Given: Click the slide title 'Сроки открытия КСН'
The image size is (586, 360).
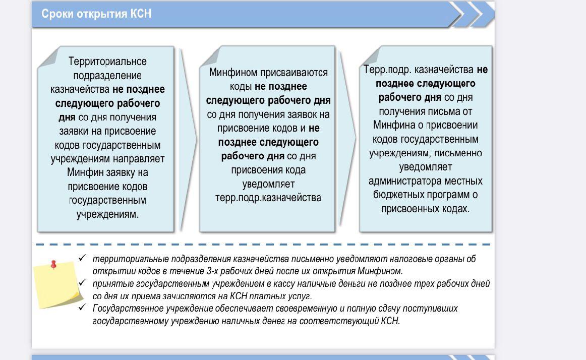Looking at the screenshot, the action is pos(96,14).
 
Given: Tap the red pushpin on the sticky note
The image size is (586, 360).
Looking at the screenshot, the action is pos(53,265).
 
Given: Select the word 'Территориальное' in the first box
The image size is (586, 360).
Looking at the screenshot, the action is pos(107,62).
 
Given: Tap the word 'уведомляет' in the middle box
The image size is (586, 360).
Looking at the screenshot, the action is pos(268,184).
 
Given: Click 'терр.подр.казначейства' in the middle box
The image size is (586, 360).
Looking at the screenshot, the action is pos(268,198).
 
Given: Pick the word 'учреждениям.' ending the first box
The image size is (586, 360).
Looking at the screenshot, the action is pos(107,215).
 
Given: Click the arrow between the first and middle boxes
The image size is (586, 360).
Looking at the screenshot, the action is pos(188,139).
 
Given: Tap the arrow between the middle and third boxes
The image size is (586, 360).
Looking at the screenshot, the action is pos(348,138).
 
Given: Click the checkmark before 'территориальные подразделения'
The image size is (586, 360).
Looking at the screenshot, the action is pos(82,258).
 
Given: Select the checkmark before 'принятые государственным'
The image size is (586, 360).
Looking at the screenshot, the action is pos(82,283).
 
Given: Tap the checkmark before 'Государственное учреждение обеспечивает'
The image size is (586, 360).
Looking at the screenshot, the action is pos(82,307).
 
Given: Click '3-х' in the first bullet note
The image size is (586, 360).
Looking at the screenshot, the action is pos(213,271).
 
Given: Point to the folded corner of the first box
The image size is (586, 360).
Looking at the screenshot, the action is pos(49,58).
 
